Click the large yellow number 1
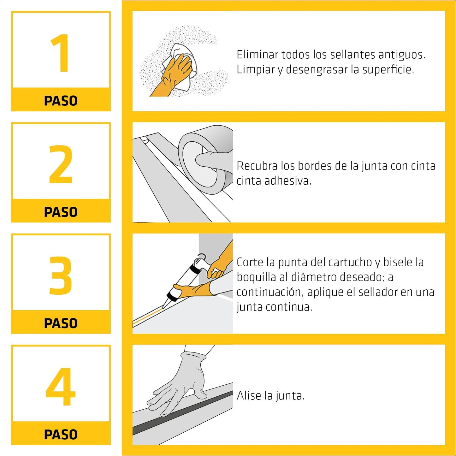tap(60, 53)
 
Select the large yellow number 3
tap(61, 275)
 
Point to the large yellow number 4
tap(61, 387)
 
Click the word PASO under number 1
tap(61, 101)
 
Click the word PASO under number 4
tap(61, 435)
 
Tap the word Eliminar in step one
tap(257, 55)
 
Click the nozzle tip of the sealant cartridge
tap(164, 306)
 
